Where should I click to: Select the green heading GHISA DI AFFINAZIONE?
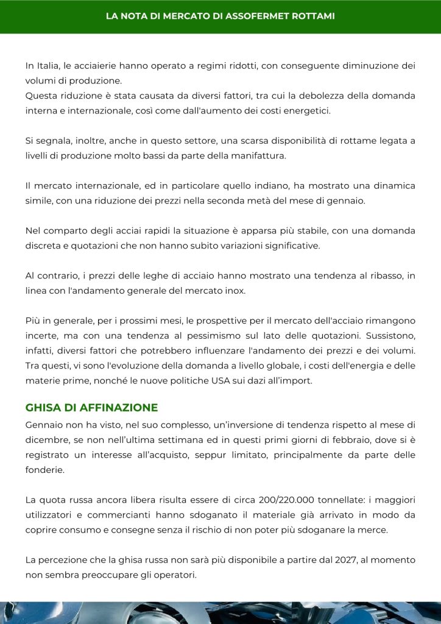click(x=91, y=408)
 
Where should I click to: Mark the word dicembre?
click(x=48, y=439)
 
